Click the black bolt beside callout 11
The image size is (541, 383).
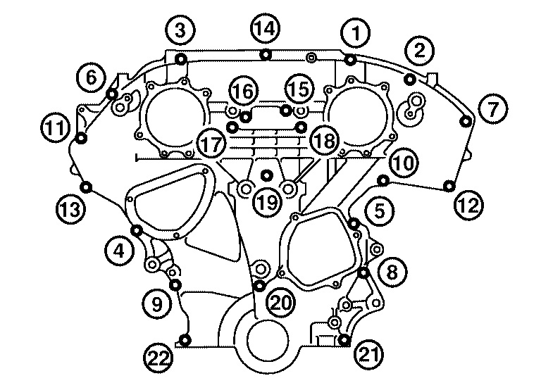(x=80, y=137)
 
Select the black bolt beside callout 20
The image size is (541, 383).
(x=259, y=285)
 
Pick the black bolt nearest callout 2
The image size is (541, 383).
(x=409, y=78)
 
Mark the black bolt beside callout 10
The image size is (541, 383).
(x=383, y=182)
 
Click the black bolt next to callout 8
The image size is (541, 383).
(x=363, y=272)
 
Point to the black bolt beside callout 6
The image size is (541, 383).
(x=111, y=94)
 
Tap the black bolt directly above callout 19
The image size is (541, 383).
(x=266, y=174)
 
